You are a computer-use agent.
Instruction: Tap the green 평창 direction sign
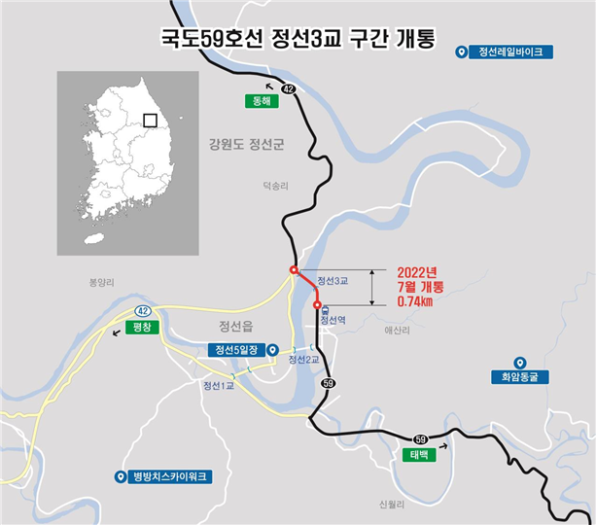point(141,327)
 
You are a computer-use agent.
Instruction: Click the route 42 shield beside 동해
point(288,88)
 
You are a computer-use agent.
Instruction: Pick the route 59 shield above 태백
point(420,439)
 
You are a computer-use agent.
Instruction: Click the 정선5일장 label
point(236,350)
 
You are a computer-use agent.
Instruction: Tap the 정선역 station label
point(333,319)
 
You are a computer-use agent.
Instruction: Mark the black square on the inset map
point(150,121)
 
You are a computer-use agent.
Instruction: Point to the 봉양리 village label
point(102,282)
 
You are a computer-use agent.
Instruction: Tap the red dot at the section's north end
point(293,269)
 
